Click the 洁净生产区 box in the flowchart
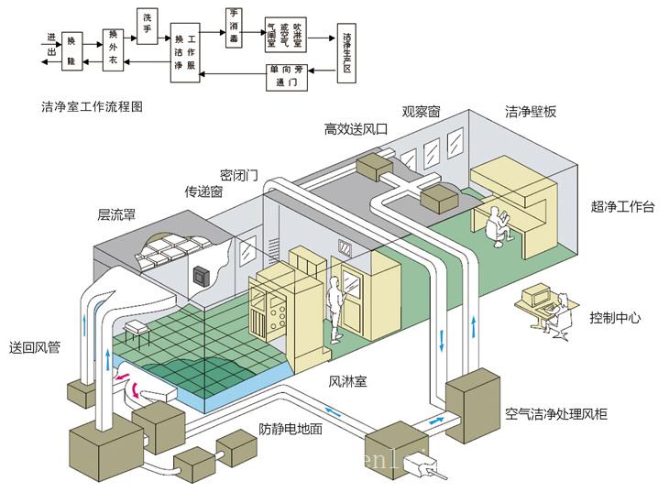345,51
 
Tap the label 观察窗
422,111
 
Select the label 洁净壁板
531,112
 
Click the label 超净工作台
623,207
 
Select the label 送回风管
35,347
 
